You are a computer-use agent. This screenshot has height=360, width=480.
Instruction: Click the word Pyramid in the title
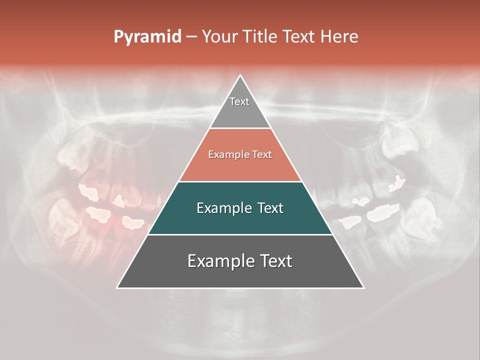click(x=147, y=36)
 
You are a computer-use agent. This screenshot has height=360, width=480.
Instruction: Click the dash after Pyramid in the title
click(x=191, y=37)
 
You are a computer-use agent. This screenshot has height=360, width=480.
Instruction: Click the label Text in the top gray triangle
click(x=239, y=101)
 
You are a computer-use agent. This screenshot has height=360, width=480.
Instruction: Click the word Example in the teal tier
click(x=223, y=208)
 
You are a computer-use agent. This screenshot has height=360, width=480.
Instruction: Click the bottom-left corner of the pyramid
click(x=117, y=287)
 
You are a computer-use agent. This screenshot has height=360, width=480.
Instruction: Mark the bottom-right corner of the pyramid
click(x=363, y=287)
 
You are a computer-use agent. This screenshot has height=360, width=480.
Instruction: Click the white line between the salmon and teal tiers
click(x=240, y=181)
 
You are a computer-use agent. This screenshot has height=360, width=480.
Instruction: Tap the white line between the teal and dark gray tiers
click(x=240, y=234)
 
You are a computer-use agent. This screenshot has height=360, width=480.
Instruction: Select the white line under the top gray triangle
click(x=240, y=128)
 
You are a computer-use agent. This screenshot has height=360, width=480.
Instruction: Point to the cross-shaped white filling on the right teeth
click(x=396, y=183)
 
